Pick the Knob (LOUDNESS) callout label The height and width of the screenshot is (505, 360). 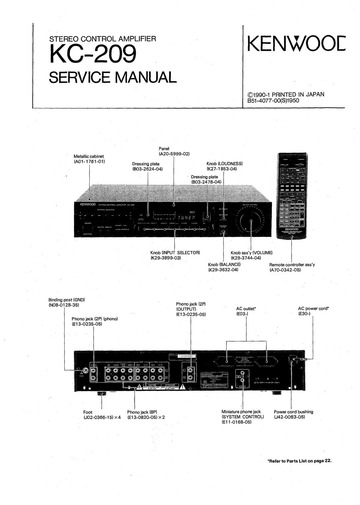click(x=226, y=165)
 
